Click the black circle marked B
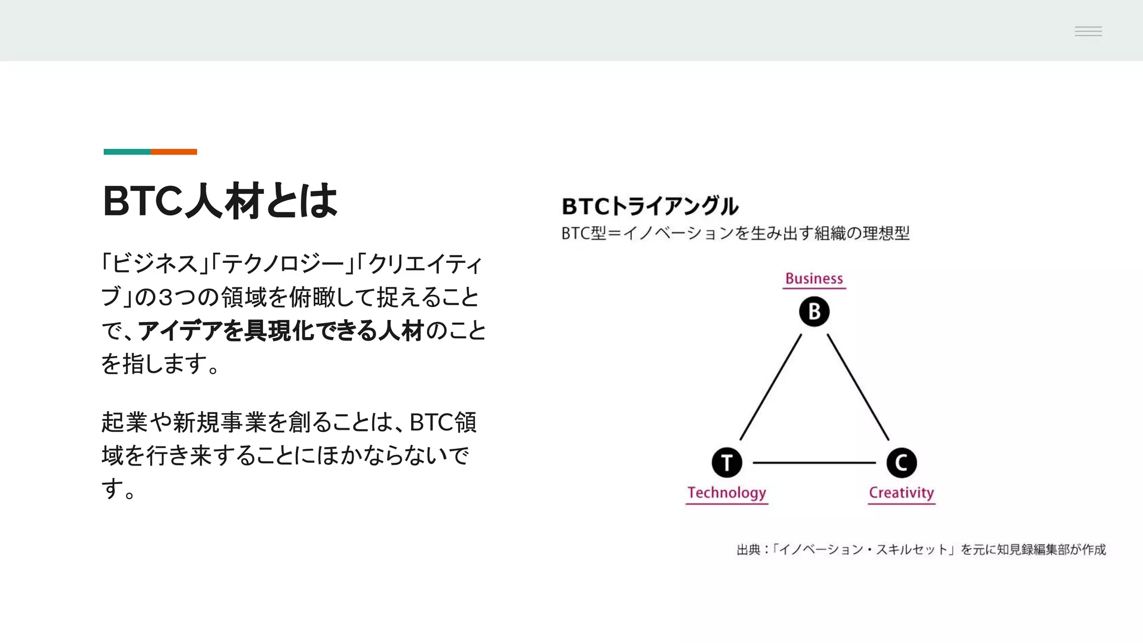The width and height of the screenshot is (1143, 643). point(814,311)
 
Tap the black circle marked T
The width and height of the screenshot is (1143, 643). point(727,463)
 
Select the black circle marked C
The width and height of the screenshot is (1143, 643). point(901,463)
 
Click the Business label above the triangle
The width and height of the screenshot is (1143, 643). point(814,279)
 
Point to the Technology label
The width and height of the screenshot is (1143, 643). point(727,493)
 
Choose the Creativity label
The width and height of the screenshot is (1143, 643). point(901,493)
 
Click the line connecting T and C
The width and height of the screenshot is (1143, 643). point(814,463)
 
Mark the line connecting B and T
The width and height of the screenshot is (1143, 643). point(771,387)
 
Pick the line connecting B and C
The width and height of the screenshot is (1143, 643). point(858,387)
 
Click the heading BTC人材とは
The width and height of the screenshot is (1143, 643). point(220,201)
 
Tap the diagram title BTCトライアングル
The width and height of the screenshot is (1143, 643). point(650,207)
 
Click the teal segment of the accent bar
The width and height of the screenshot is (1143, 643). point(127,152)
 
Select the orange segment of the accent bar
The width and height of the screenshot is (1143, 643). point(174,152)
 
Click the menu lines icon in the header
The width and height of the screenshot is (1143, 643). point(1088,31)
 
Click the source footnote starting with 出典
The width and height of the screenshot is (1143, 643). point(921,550)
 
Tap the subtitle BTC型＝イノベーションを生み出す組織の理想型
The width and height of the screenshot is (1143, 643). point(736,233)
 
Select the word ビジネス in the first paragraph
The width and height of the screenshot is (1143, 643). point(155,264)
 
